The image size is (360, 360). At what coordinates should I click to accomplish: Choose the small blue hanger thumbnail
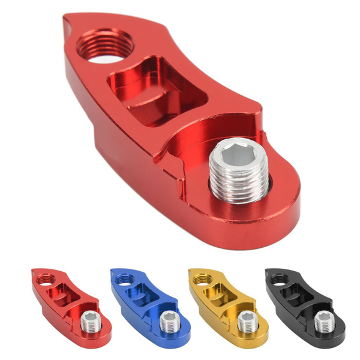pyautogui.click(x=149, y=304)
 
